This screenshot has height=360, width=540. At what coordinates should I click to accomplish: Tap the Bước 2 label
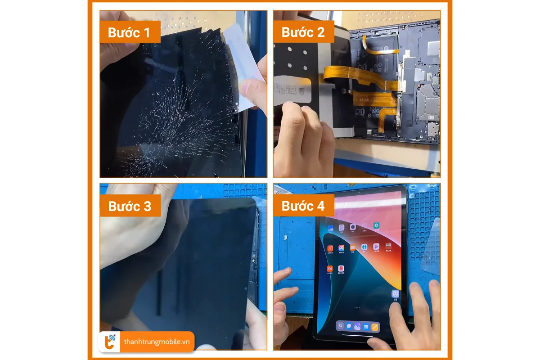click(302, 32)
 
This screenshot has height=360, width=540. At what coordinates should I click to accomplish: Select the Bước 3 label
click(130, 206)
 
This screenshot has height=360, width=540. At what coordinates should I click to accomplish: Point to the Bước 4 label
click(303, 206)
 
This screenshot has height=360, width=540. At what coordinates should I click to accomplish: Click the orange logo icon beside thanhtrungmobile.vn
click(109, 342)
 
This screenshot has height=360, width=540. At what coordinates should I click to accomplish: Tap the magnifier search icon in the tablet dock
click(341, 326)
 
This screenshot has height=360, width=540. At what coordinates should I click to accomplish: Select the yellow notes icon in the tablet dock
click(374, 326)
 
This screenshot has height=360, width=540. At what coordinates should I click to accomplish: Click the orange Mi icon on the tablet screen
click(330, 269)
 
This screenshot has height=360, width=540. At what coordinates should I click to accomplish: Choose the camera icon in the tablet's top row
click(353, 227)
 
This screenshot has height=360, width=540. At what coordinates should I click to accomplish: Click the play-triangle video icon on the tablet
click(376, 247)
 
